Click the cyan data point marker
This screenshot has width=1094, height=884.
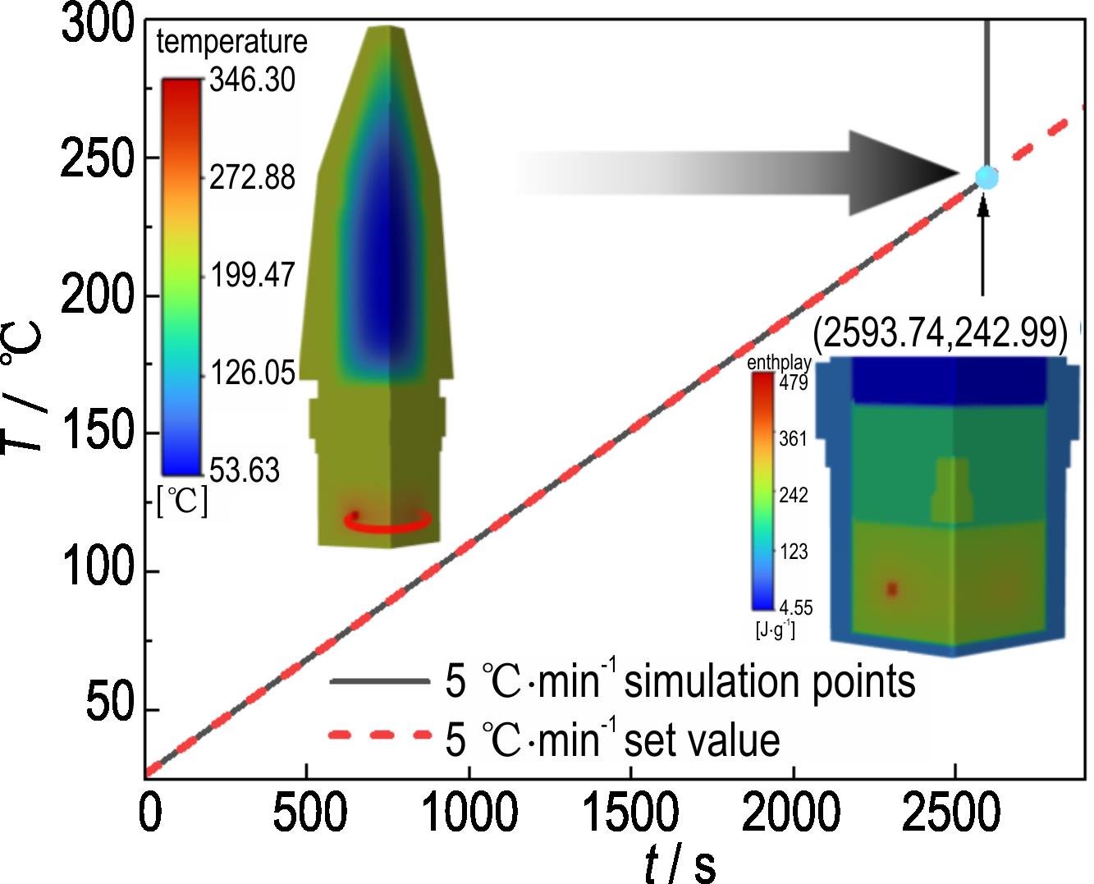(986, 176)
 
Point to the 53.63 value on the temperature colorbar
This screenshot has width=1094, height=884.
(245, 471)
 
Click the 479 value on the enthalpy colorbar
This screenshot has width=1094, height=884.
(794, 383)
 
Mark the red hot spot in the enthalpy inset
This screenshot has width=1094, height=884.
(892, 589)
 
